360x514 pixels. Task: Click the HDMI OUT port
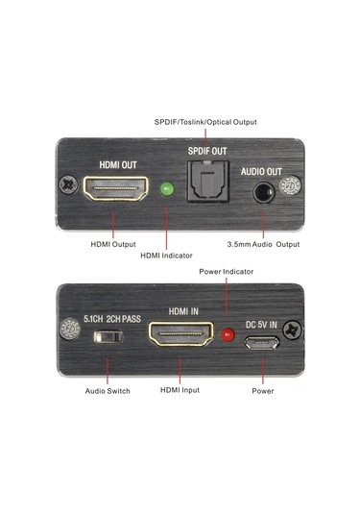point(113,190)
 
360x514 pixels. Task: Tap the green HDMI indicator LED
point(166,189)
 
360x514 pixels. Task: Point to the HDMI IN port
point(180,335)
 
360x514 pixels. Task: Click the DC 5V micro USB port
point(260,339)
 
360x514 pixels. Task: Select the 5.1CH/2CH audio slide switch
point(108,337)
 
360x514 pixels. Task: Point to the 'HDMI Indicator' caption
point(166,256)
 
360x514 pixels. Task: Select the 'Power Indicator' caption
point(227,272)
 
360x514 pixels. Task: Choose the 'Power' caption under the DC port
point(262,391)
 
